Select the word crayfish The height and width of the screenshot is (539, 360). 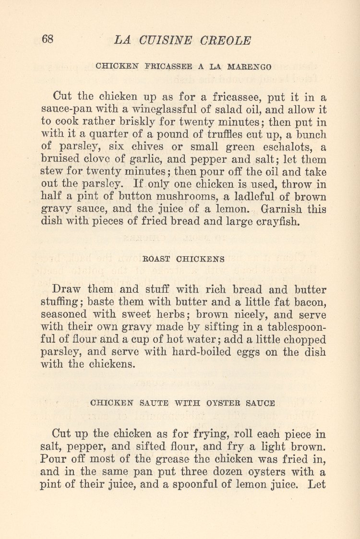(273, 222)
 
